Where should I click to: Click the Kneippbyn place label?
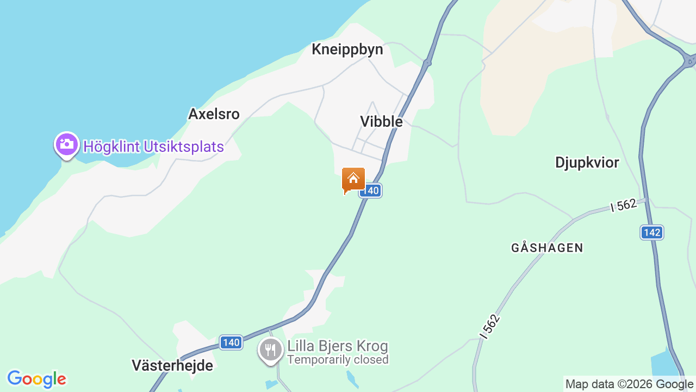347,50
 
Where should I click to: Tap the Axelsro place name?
214,114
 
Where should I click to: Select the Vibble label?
381,121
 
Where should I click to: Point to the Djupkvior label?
587,162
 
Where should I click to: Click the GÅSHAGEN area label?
547,248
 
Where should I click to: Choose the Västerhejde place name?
172,365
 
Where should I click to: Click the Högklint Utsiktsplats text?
153,146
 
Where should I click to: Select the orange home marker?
353,180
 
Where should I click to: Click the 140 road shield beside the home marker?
370,191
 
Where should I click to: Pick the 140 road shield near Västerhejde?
231,342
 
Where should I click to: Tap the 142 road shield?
651,232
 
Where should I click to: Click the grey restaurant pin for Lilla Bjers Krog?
270,349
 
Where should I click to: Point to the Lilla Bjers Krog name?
338,346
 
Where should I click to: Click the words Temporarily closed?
338,360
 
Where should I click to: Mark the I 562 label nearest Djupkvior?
623,205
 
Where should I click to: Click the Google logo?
36,379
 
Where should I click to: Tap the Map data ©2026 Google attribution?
630,384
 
